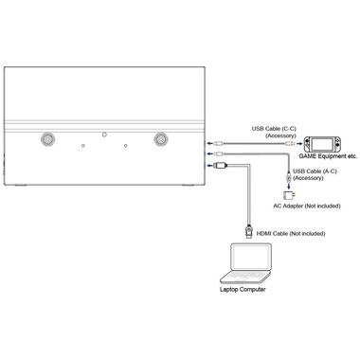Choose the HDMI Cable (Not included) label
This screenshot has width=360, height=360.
coord(287,232)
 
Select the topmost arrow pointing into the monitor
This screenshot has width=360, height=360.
coord(207,137)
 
